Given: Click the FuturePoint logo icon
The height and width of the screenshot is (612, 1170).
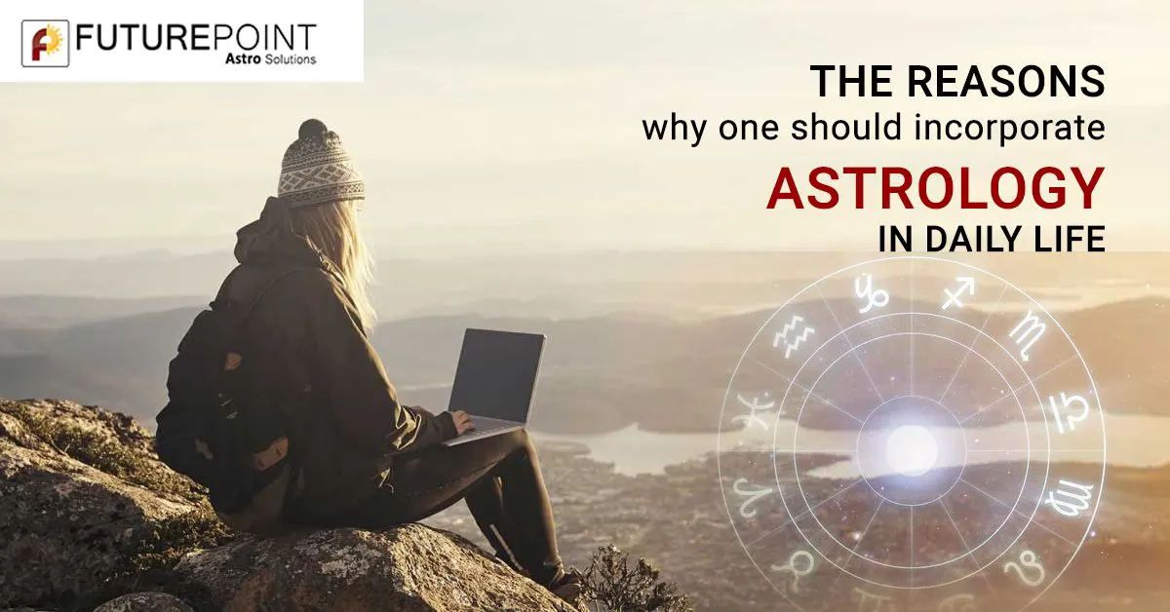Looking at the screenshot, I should click(x=45, y=43).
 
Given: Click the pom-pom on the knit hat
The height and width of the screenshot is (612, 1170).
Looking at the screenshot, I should click(x=313, y=131).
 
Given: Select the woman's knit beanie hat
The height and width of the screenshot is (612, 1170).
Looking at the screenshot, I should click(x=320, y=171).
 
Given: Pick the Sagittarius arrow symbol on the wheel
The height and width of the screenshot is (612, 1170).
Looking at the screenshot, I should click(x=956, y=291).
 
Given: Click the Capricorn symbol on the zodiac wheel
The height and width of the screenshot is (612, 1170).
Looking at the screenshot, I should click(x=867, y=292).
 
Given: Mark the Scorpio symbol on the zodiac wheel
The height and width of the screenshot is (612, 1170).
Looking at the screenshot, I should click(x=1027, y=334).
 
